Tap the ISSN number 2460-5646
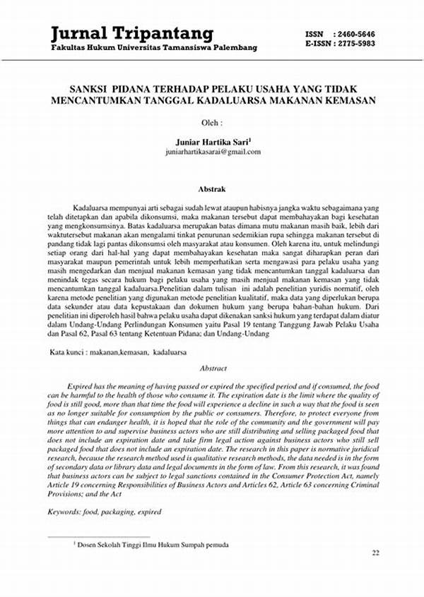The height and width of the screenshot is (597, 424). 361,34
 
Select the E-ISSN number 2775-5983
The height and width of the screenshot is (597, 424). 361,43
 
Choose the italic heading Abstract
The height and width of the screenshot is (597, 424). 213,368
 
